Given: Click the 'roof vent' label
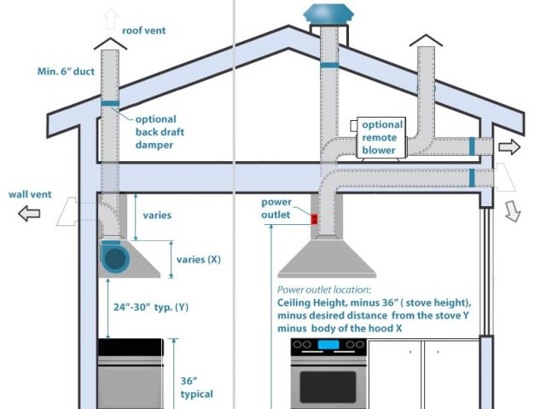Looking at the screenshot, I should tap(143, 31).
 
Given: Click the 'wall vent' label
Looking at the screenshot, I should tap(30, 194).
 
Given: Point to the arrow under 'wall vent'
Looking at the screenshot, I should tap(29, 215).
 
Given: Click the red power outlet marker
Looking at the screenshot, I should tap(314, 219).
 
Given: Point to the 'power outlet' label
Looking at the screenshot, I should tap(277, 209).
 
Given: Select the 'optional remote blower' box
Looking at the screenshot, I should tap(382, 137).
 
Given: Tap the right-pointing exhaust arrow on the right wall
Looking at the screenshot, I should tap(509, 147).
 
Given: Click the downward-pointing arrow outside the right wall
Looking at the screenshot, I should tap(513, 212).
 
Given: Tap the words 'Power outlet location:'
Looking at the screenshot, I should tap(324, 290).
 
